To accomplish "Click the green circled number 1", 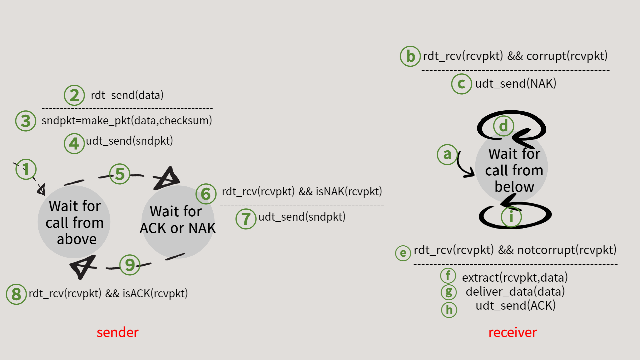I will (x=26, y=169).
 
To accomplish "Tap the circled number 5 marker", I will (x=120, y=174).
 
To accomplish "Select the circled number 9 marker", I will (x=130, y=265).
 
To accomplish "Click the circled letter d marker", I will (x=503, y=126).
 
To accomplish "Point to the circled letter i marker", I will (x=511, y=217).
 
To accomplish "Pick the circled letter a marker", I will (x=447, y=154).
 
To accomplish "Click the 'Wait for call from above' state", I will (x=74, y=222).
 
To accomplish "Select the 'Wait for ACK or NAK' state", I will (x=177, y=220).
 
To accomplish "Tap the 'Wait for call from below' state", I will (x=514, y=170).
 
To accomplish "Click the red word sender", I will (x=118, y=332).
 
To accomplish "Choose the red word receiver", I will (x=512, y=332).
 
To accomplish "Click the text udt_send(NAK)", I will (x=516, y=83).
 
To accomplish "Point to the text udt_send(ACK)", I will (x=515, y=305).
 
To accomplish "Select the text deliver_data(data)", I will (x=515, y=291).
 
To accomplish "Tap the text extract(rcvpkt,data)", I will (x=515, y=277).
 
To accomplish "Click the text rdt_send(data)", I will (x=127, y=95).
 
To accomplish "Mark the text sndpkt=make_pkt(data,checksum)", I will (x=127, y=120).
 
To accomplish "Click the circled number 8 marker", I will (x=16, y=294).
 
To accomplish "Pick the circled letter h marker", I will (x=449, y=310).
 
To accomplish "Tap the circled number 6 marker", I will (x=206, y=194).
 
